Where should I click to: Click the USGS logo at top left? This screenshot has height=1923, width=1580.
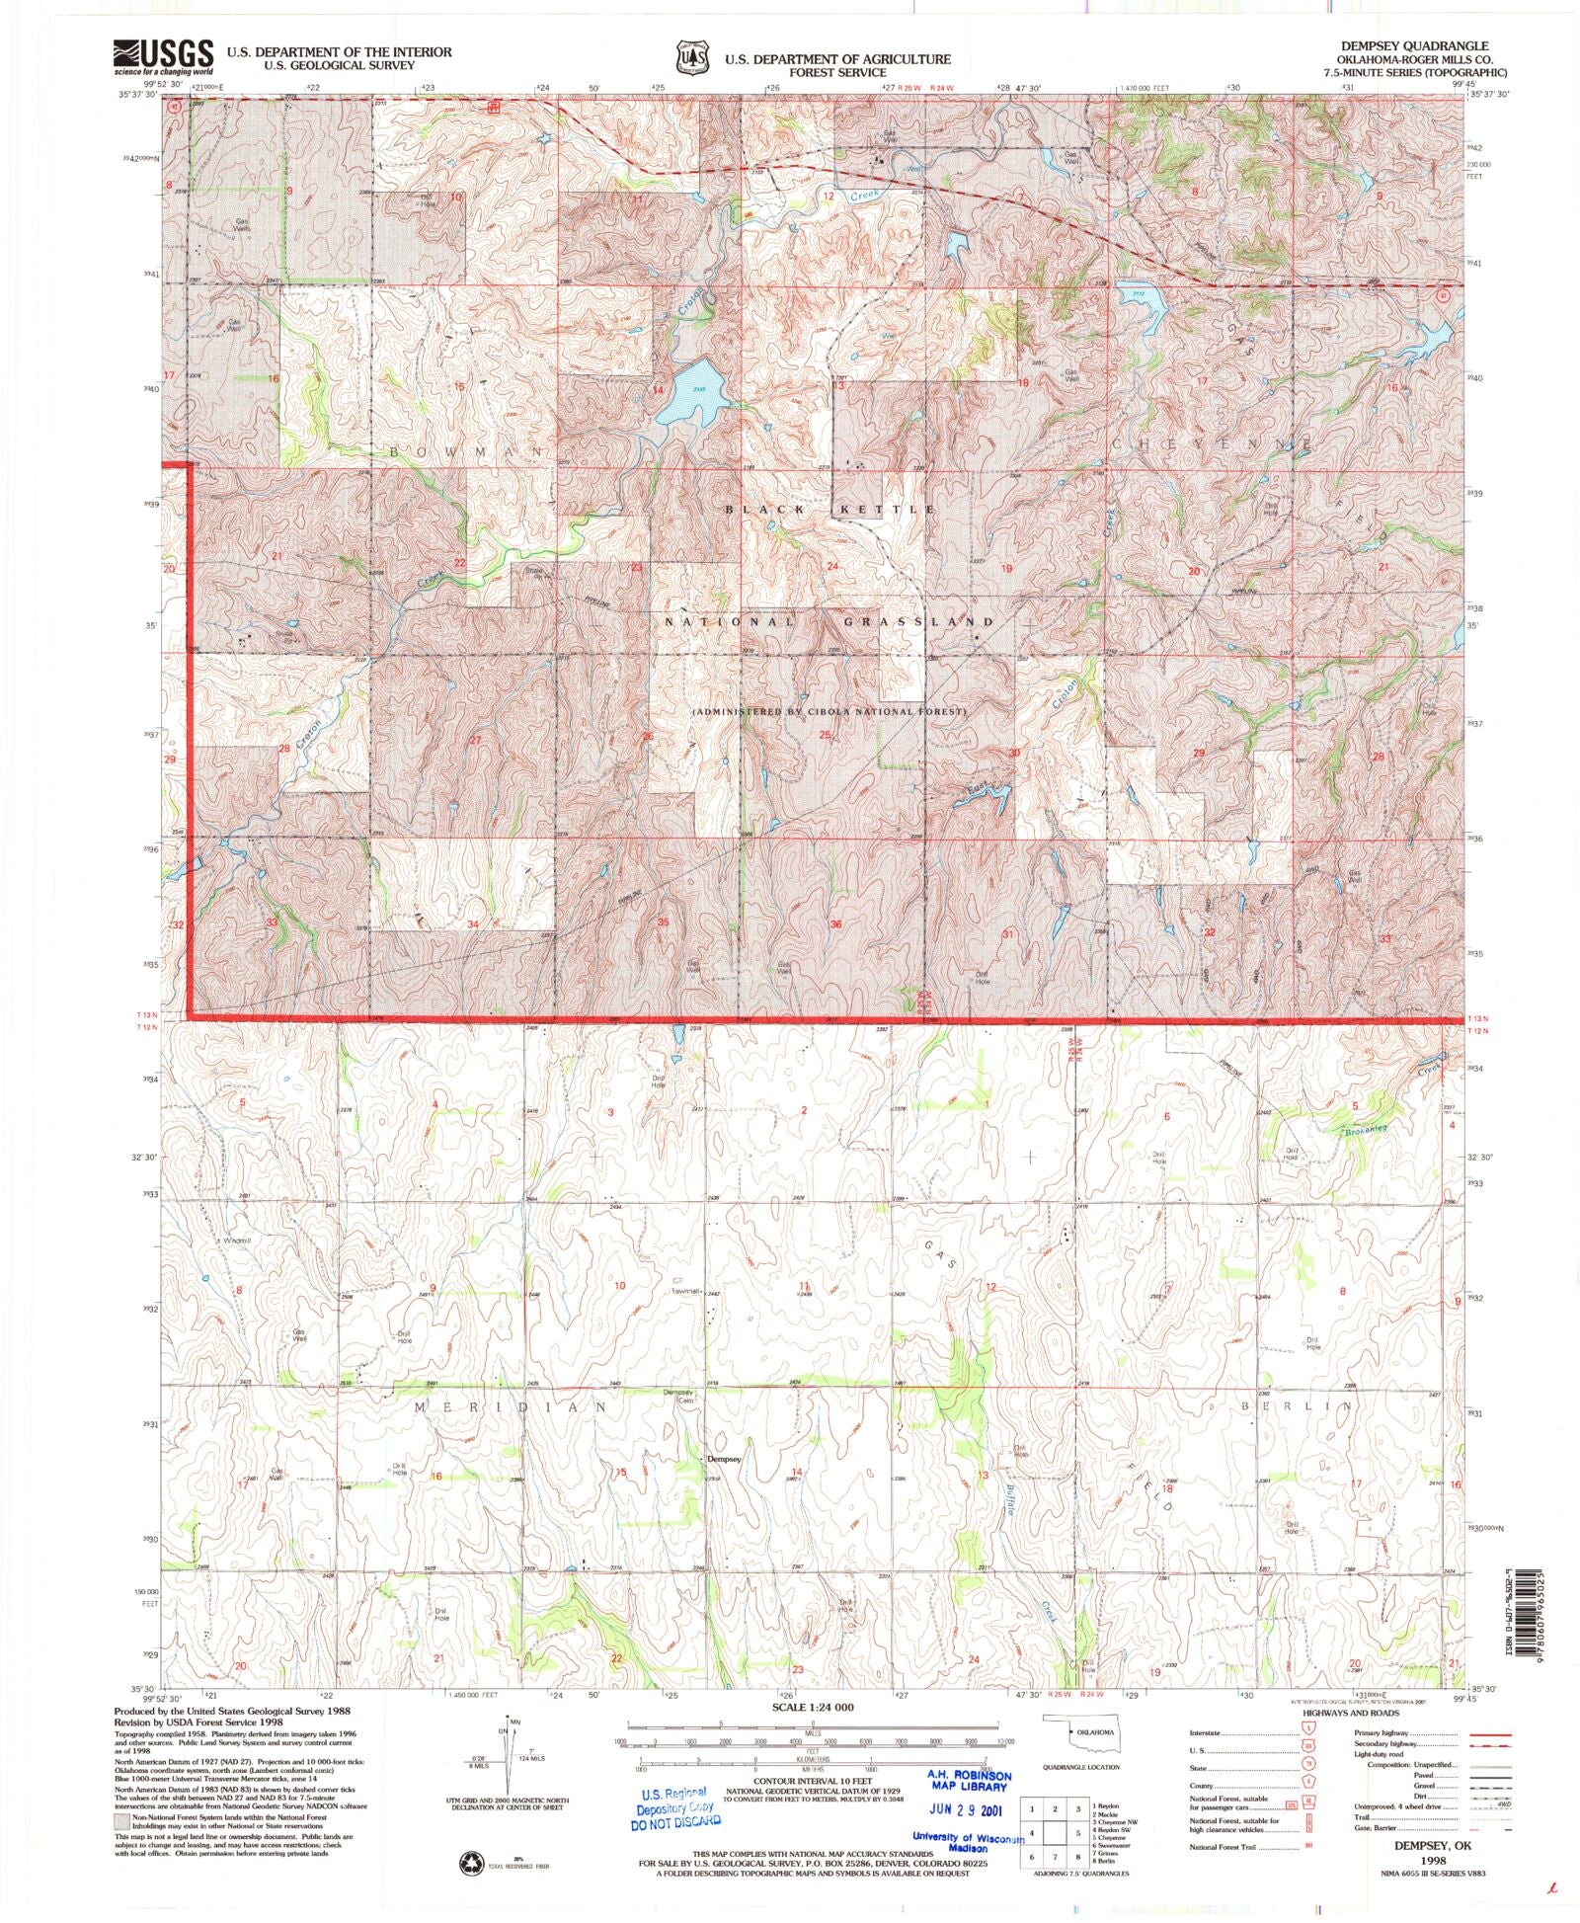click(x=164, y=57)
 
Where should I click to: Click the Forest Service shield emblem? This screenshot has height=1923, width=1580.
click(x=690, y=58)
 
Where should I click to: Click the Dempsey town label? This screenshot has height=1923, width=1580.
click(x=724, y=1458)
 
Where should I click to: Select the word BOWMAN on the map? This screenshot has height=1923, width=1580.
click(x=467, y=451)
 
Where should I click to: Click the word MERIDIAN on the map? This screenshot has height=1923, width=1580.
click(x=510, y=1405)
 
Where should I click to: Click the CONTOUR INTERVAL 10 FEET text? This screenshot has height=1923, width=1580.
click(x=813, y=1781)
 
